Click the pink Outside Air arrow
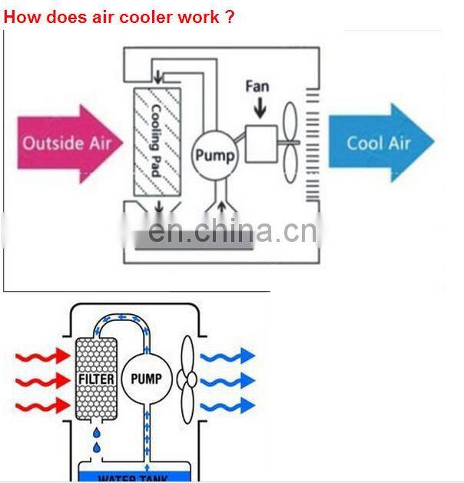pos(69,142)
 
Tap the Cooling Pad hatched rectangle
pos(157,141)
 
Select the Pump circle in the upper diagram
pos(214,155)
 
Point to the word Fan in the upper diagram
pos(257,85)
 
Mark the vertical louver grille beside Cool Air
pos(311,142)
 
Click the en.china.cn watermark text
pos(231,230)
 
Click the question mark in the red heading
pos(230,16)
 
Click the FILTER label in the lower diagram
pos(96,379)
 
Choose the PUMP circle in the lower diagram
pos(146,379)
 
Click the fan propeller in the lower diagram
pos(186,379)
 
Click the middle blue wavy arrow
pos(227,380)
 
